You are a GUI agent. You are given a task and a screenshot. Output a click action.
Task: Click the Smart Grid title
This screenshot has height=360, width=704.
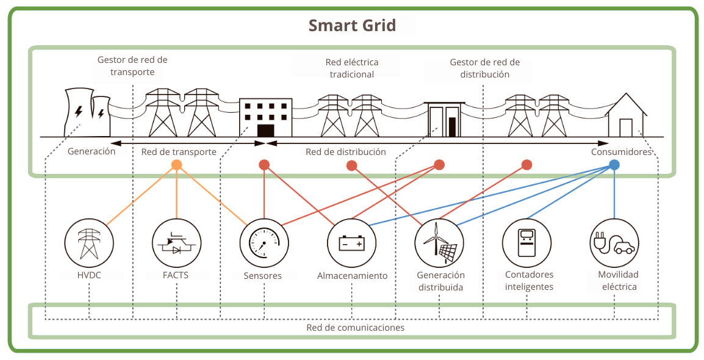pyautogui.click(x=352, y=26)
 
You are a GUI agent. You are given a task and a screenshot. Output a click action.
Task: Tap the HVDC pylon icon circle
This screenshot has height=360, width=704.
pyautogui.click(x=89, y=243)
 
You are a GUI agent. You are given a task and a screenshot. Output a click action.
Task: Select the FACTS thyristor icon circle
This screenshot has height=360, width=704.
pyautogui.click(x=176, y=243)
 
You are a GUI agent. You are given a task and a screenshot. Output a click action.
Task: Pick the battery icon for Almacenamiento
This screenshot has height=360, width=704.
pyautogui.click(x=351, y=243)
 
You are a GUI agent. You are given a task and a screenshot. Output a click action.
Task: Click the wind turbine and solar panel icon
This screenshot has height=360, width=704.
pyautogui.click(x=439, y=243)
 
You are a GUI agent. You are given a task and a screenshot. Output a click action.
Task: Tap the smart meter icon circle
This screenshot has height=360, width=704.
pyautogui.click(x=526, y=243)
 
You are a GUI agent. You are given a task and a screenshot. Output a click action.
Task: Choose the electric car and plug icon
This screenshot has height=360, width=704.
pyautogui.click(x=614, y=243)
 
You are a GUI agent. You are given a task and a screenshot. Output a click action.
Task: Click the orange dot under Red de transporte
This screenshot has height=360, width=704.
pyautogui.click(x=176, y=165)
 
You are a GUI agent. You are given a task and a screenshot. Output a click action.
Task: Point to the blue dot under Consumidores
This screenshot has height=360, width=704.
pyautogui.click(x=614, y=165)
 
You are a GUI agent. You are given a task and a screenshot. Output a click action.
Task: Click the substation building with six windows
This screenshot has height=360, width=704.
pyautogui.click(x=265, y=118)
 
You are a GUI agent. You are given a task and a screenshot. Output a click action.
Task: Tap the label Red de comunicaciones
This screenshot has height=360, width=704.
pyautogui.click(x=355, y=328)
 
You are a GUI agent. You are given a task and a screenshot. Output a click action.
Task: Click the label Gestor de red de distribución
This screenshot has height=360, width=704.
pyautogui.click(x=484, y=68)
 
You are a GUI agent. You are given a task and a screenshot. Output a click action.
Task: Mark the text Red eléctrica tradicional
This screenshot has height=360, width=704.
pyautogui.click(x=351, y=68)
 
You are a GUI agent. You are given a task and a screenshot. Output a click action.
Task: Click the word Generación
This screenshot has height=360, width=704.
pyautogui.click(x=92, y=151)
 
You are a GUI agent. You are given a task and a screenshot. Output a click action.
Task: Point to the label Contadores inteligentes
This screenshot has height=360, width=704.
pyautogui.click(x=529, y=281)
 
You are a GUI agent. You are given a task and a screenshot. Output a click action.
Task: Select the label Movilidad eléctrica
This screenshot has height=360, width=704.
pyautogui.click(x=618, y=281)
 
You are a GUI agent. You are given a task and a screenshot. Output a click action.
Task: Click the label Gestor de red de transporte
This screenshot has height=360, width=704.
pyautogui.click(x=132, y=66)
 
